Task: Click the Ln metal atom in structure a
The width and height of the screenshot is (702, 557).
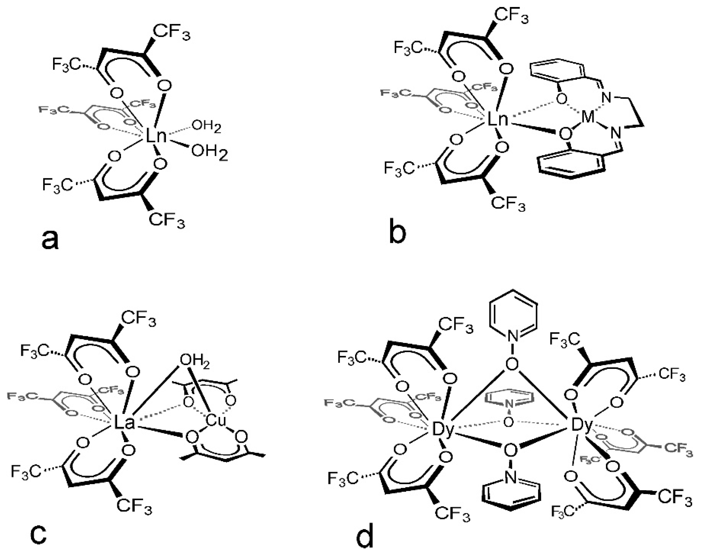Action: (155, 136)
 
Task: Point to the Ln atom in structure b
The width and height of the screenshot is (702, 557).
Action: (497, 120)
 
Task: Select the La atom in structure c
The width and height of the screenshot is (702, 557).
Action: (124, 423)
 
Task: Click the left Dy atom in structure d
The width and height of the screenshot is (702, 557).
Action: (442, 431)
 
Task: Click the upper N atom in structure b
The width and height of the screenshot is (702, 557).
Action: (606, 98)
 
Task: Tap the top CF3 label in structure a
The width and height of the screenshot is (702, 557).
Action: (171, 33)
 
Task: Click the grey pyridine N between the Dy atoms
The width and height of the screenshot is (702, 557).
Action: (510, 404)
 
